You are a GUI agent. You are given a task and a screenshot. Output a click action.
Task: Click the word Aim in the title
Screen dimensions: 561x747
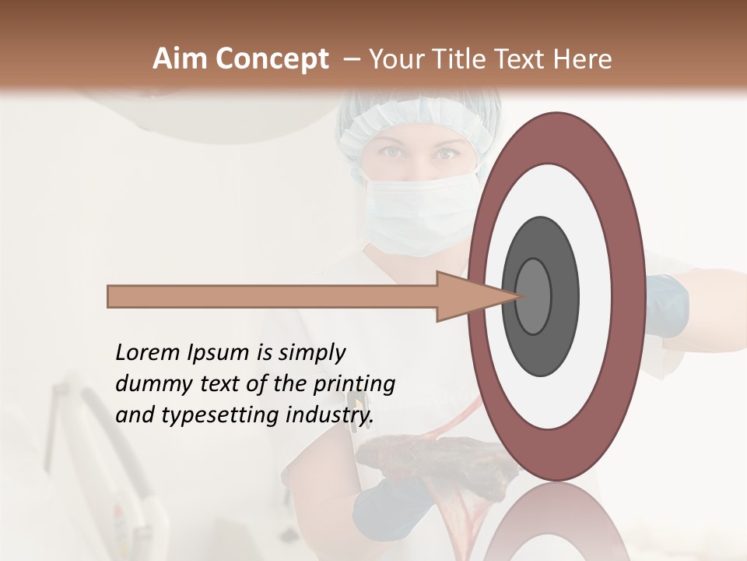181,59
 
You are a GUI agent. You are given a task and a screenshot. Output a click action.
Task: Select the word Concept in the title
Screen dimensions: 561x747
272,59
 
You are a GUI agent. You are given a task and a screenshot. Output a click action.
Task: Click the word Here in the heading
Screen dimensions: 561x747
582,59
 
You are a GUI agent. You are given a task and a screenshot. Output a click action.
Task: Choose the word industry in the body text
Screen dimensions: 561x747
326,415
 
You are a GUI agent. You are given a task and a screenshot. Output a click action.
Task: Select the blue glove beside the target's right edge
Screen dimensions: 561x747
666,305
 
